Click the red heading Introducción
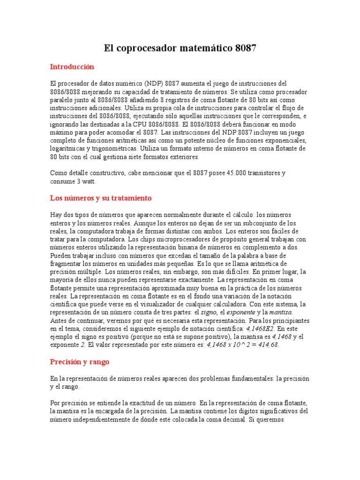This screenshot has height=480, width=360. pos(72,67)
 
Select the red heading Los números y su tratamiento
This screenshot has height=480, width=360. pos(101,198)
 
